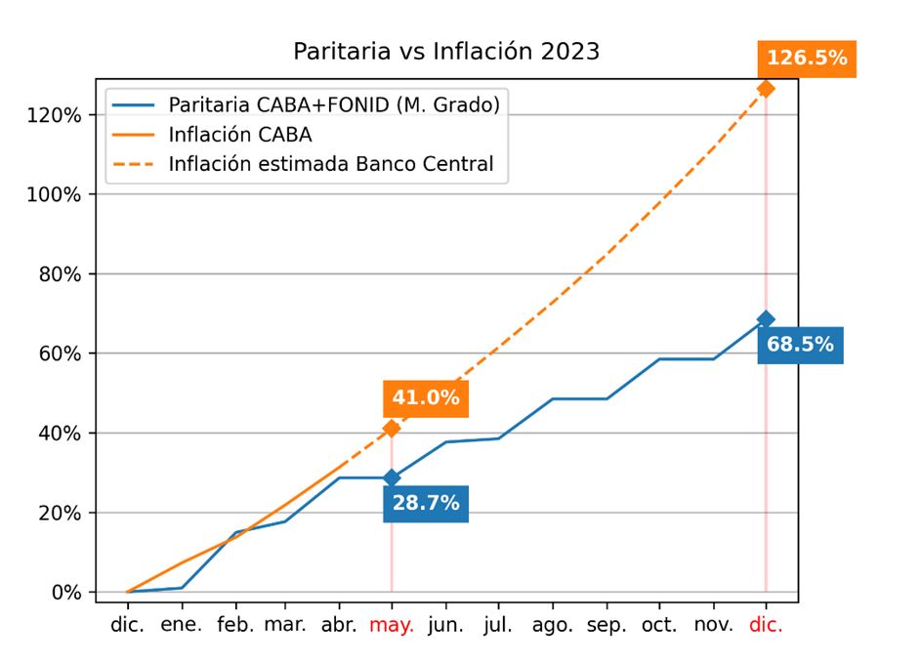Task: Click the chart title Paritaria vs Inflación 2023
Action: pos(446,52)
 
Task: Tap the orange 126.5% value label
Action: pos(806,59)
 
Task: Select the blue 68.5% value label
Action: pos(800,345)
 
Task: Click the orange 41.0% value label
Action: pos(425,397)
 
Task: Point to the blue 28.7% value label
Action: pos(425,504)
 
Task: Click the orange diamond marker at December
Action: pos(766,89)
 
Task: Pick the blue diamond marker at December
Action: pos(766,319)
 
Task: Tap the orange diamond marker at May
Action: pos(392,429)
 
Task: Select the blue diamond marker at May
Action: pos(392,477)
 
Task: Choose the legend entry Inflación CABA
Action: pos(239,135)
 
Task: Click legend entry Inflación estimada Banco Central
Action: pos(330,164)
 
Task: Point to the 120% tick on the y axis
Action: pos(55,115)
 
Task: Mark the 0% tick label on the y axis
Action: pos(67,592)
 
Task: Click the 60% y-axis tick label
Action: pos(61,353)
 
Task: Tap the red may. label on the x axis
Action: pos(392,625)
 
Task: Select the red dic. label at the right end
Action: pos(766,625)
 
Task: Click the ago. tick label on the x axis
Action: pos(553,625)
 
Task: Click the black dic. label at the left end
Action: pos(128,625)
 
